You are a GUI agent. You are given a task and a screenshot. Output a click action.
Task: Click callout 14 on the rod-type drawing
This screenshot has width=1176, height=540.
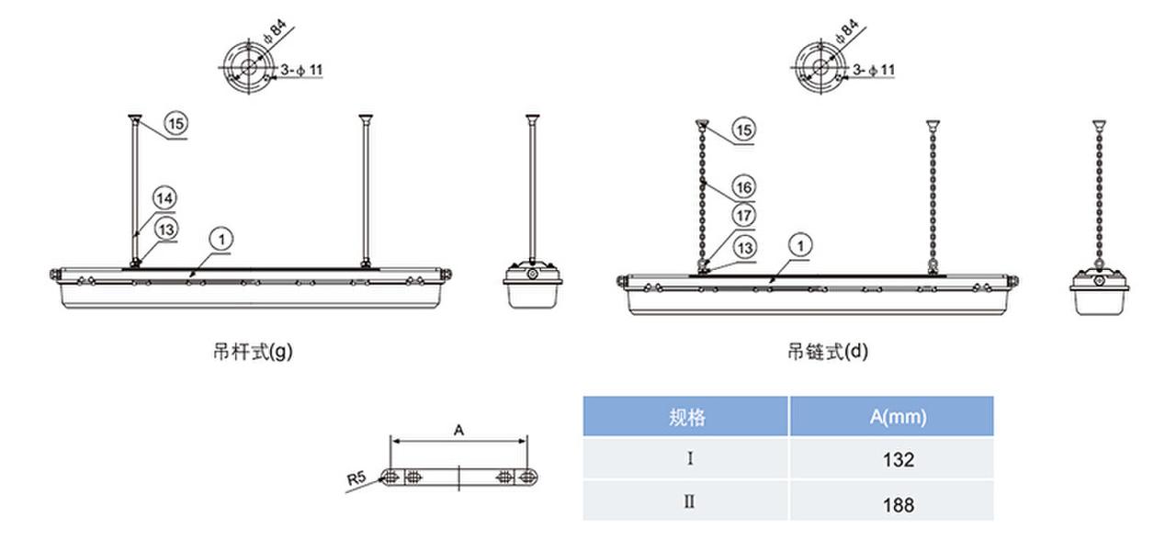164,197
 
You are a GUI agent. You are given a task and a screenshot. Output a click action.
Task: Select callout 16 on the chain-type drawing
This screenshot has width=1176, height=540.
745,187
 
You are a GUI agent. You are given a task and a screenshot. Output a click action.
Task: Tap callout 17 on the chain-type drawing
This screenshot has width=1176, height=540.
745,216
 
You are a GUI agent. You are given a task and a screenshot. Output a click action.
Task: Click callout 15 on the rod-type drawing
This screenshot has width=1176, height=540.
176,122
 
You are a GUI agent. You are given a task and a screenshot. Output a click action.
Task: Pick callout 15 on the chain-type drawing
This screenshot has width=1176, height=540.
745,129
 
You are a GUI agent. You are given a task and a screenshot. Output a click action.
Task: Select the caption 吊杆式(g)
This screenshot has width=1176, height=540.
252,351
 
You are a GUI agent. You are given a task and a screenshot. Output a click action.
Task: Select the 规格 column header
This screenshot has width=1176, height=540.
687,417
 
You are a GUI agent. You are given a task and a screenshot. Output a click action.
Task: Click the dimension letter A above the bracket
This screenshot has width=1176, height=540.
459,429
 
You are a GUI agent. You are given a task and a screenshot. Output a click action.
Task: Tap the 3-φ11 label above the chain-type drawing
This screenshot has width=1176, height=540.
874,70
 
